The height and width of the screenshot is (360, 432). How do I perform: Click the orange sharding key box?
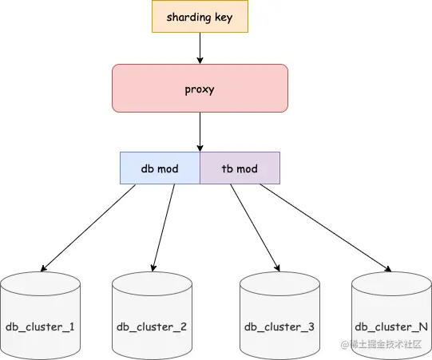[x=200, y=17]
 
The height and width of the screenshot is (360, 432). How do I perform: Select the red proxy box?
[x=200, y=89]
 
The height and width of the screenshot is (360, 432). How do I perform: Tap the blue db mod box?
[x=160, y=168]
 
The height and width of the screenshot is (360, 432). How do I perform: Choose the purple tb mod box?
[x=240, y=168]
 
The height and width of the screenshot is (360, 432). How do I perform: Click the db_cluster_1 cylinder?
[x=40, y=315]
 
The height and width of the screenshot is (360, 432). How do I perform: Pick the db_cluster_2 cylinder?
[x=152, y=315]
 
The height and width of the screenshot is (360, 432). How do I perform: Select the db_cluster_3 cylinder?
[x=279, y=315]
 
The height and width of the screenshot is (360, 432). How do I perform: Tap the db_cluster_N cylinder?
[x=391, y=315]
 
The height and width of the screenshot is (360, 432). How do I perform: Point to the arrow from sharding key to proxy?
[x=200, y=48]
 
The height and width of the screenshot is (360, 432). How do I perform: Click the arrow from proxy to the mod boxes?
[x=200, y=132]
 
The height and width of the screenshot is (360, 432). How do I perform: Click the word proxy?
[x=200, y=89]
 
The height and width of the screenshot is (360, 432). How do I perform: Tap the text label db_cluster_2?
[x=152, y=326]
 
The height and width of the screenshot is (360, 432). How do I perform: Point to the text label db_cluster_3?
[x=279, y=326]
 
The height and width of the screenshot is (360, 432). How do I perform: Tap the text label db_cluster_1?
[x=40, y=326]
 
